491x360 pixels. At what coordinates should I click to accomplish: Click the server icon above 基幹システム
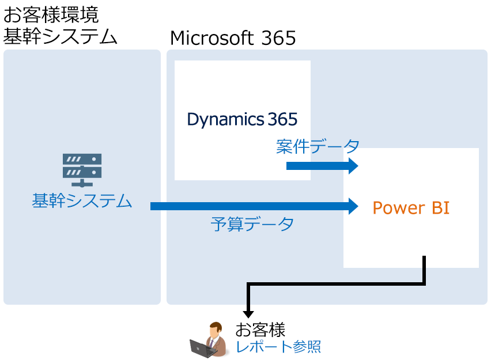(82, 169)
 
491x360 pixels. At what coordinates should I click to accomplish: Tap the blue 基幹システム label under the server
(82, 201)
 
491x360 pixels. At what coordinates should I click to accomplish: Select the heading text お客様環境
(51, 14)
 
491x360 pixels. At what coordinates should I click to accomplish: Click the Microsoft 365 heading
(233, 38)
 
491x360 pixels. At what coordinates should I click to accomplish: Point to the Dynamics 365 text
(242, 119)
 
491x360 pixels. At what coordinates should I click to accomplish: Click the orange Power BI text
(411, 207)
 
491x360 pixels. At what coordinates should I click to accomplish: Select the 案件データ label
(318, 146)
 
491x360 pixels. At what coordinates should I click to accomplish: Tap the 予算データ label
(252, 223)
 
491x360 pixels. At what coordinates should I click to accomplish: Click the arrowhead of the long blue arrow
(352, 206)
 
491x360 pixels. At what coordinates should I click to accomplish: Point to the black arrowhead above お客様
(248, 313)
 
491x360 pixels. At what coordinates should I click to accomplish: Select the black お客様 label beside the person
(260, 331)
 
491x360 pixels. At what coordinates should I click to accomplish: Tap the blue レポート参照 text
(278, 347)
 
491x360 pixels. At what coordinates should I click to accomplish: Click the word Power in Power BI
(393, 207)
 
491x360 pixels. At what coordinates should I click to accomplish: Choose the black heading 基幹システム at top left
(60, 37)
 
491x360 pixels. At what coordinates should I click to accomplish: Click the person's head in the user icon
(214, 329)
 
